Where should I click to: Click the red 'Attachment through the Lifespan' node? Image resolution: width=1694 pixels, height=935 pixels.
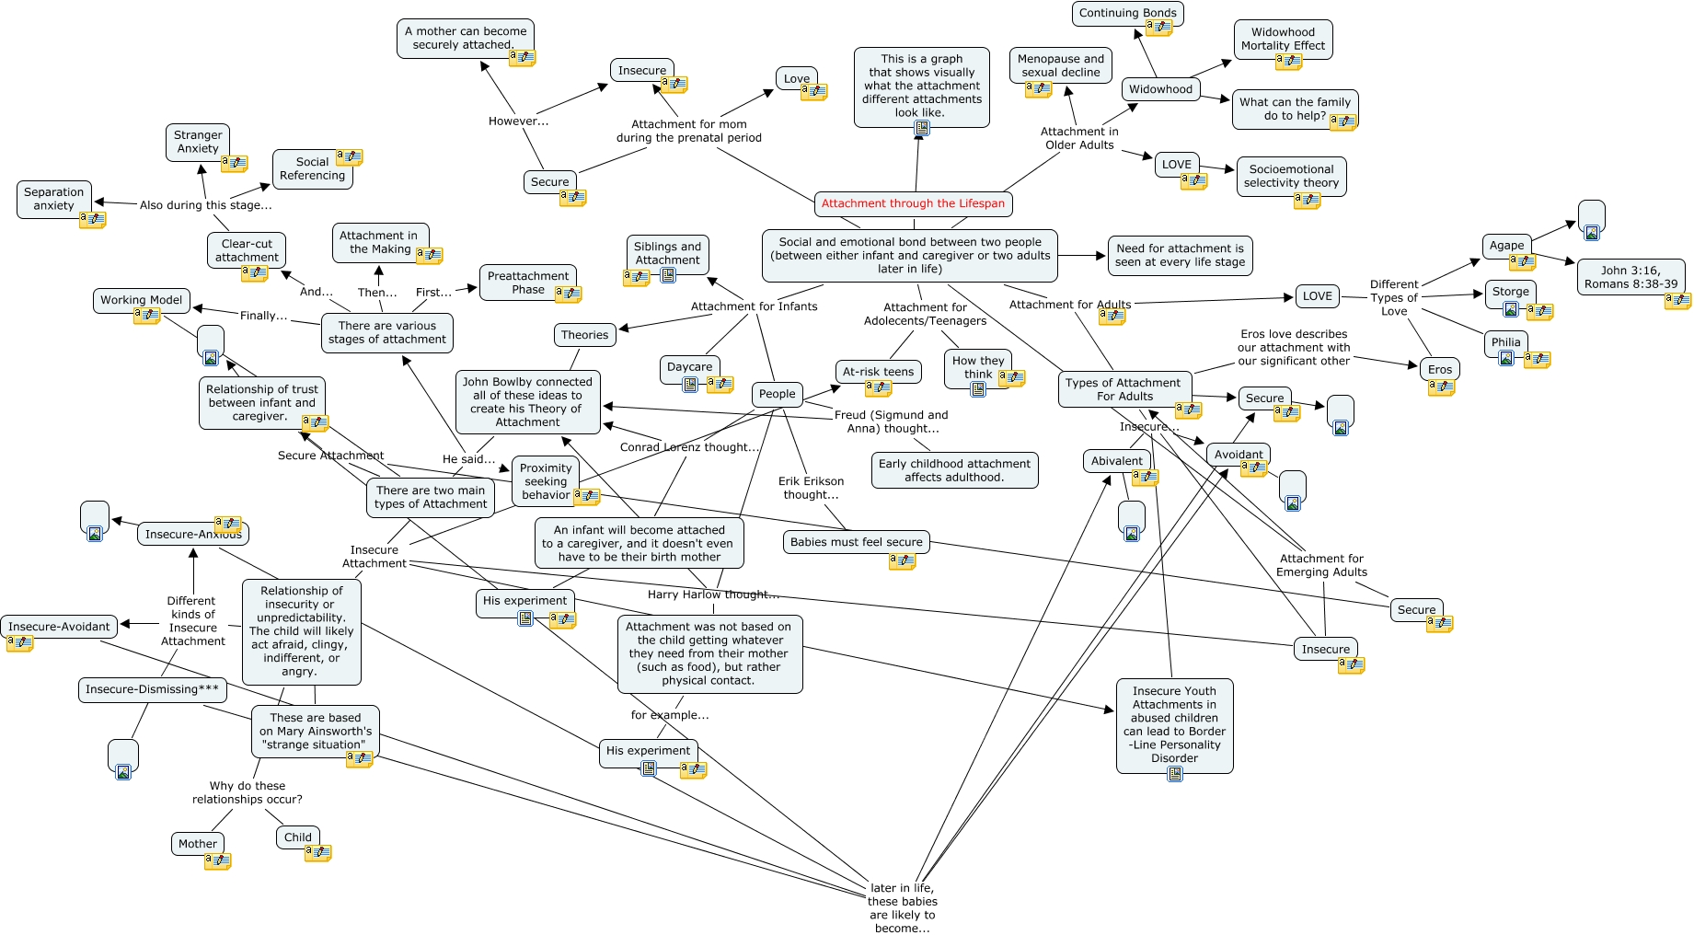[913, 203]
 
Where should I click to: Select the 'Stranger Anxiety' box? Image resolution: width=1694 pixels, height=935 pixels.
[198, 142]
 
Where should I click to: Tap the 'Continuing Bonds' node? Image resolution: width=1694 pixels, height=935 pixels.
[1127, 13]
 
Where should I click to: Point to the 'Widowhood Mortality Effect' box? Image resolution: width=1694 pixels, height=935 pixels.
[1283, 39]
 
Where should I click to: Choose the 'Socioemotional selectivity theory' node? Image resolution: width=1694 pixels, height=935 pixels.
[1291, 176]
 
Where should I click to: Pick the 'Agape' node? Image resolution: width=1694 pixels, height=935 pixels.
[1506, 246]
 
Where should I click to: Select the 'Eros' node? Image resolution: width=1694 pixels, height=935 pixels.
[1440, 370]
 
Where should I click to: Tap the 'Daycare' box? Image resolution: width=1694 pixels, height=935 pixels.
[689, 366]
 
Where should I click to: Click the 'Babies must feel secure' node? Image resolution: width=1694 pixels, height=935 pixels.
[856, 542]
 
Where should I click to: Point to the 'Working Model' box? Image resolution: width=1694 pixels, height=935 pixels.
[142, 300]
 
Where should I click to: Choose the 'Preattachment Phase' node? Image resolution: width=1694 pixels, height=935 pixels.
[528, 283]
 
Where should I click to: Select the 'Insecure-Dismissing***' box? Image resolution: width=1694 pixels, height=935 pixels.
[152, 689]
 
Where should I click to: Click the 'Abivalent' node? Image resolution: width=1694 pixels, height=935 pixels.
[1116, 461]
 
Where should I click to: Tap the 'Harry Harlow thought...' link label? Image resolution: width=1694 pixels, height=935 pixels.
[713, 594]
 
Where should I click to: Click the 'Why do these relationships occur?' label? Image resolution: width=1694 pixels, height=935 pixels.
[247, 792]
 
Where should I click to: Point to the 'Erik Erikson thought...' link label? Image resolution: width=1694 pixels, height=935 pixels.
[811, 488]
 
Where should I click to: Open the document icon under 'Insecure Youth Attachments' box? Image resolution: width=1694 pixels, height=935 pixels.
[1175, 774]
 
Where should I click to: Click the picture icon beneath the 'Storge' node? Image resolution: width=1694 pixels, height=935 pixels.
[1510, 310]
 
